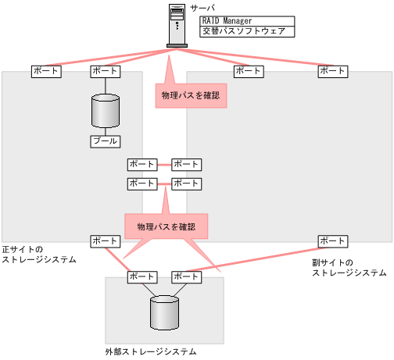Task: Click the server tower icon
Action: (x=177, y=25)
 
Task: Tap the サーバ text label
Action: (x=201, y=7)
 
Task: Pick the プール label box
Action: (x=105, y=141)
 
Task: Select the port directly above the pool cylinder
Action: (x=105, y=71)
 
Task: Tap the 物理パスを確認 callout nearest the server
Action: (x=192, y=95)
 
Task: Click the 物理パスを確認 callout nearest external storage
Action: (x=166, y=226)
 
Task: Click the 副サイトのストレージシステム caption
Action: (x=349, y=268)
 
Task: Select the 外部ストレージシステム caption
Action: (x=151, y=352)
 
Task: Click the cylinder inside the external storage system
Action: (x=165, y=312)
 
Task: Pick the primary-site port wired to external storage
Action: (x=105, y=241)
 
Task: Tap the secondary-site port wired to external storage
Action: (x=332, y=241)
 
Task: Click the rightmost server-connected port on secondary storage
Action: (x=332, y=71)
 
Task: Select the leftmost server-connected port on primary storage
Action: (x=46, y=71)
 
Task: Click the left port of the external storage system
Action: (x=142, y=276)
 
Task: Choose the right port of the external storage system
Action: (x=186, y=276)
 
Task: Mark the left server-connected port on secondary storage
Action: (x=249, y=71)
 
